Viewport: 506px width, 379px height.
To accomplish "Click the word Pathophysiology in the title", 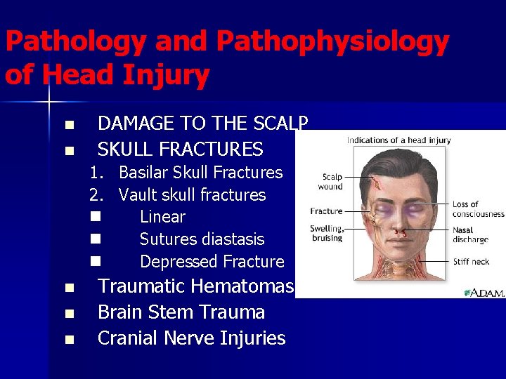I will coord(332,43).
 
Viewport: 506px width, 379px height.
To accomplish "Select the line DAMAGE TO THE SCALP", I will coord(202,124).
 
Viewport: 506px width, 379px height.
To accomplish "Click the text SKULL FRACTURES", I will coord(180,149).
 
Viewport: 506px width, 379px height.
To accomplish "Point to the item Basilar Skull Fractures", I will coord(200,172).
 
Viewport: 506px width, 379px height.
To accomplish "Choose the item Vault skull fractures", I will coord(192,194).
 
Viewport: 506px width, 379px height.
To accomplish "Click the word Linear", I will coord(162,217).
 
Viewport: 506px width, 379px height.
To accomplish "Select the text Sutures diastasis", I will coord(202,239).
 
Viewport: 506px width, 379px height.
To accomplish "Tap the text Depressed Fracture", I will coord(212,262).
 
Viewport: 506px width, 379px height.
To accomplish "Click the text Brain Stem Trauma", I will coord(181,312).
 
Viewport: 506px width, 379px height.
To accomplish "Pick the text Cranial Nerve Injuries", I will coord(191,338).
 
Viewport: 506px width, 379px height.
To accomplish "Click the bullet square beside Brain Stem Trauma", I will coord(68,313).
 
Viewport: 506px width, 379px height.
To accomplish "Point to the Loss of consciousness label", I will coord(478,209).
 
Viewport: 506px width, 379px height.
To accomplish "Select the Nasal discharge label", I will coord(470,234).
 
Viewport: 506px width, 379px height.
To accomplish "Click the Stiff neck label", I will coord(471,262).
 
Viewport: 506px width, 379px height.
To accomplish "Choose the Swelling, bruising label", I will coord(326,233).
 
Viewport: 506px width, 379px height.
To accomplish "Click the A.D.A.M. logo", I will coord(484,291).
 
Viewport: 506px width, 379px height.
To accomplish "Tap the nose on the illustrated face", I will coord(397,220).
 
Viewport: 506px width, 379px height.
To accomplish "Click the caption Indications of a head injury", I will coord(398,140).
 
